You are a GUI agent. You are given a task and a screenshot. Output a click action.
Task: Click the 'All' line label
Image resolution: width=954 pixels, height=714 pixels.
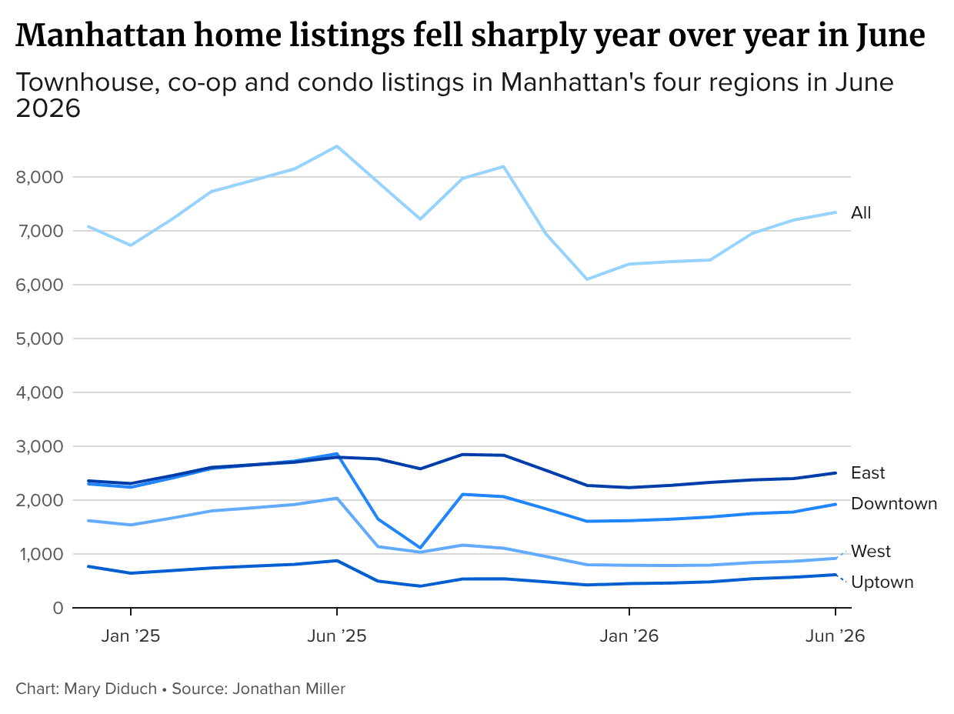[x=861, y=213]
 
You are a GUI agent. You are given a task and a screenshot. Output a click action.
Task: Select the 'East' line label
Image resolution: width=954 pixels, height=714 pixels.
[x=868, y=473]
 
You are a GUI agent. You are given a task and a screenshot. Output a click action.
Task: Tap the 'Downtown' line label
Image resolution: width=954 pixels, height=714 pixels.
[x=893, y=504]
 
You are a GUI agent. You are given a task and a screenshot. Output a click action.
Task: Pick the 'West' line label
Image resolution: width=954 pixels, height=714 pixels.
[x=871, y=551]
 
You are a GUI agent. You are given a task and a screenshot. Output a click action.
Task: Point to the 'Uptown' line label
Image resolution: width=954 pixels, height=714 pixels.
[x=882, y=582]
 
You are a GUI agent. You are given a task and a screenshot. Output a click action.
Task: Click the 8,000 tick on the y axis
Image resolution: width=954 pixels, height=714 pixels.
[x=39, y=177]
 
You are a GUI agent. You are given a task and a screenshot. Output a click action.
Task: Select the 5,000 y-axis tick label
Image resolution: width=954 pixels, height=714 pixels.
[x=39, y=339]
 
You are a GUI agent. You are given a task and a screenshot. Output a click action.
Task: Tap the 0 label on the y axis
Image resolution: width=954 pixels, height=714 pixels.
[x=58, y=608]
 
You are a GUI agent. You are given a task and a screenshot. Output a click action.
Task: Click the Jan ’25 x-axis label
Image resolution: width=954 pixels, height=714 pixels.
[x=131, y=636]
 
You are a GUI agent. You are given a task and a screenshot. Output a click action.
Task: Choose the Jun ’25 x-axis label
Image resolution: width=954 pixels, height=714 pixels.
[x=337, y=636]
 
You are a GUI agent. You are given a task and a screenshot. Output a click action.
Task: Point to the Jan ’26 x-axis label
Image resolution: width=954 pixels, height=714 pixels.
[x=629, y=636]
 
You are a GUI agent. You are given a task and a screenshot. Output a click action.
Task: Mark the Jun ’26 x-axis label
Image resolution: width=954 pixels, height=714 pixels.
[x=835, y=636]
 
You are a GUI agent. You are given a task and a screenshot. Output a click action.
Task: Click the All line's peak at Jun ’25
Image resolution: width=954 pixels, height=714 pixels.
[x=337, y=146]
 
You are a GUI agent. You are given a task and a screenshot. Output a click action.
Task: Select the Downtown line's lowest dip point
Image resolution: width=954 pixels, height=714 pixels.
[x=420, y=548]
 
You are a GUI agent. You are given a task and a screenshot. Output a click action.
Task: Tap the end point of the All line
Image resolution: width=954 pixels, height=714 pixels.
[x=836, y=212]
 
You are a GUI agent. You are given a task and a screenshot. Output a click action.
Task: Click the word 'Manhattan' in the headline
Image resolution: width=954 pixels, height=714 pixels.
[x=101, y=35]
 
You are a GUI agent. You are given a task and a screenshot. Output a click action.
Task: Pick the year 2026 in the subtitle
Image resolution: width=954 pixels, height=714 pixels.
[x=48, y=108]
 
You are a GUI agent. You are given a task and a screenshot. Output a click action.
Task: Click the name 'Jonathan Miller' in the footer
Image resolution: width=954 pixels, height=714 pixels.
[x=289, y=689]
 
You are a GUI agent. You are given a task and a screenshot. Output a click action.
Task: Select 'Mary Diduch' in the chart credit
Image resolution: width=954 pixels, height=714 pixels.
[x=110, y=689]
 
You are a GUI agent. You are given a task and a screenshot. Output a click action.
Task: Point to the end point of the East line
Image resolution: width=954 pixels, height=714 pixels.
[x=836, y=473]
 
